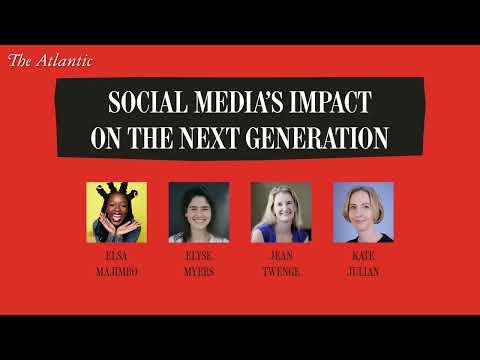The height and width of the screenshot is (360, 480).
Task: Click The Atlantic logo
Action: coord(50,61)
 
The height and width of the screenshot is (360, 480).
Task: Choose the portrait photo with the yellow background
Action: coord(117,212)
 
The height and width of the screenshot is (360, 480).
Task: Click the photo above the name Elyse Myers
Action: coord(199,212)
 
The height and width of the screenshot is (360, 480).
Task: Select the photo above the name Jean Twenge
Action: coord(281,212)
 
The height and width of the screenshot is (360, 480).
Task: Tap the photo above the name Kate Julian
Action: coord(363,212)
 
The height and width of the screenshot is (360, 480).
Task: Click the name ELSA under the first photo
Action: coord(117,256)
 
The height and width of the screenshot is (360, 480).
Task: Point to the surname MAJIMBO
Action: coord(117,270)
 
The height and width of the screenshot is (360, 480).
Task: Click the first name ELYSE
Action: coord(199,256)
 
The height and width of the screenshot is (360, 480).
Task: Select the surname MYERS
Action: coord(199,270)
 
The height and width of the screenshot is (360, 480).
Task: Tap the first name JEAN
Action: coord(281,256)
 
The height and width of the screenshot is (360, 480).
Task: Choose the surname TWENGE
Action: coord(281,270)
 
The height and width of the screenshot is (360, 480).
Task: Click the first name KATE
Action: coord(363,256)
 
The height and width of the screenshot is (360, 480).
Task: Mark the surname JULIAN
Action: coord(363,270)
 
